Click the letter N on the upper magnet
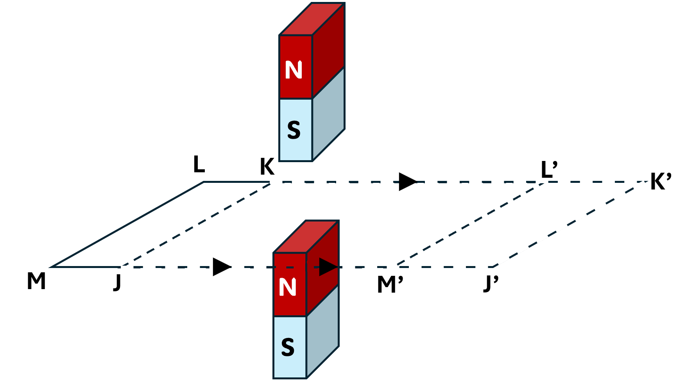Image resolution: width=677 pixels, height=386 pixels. [x=294, y=70]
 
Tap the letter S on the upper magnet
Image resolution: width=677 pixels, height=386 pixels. [x=294, y=130]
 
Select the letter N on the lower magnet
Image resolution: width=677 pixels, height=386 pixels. [x=288, y=288]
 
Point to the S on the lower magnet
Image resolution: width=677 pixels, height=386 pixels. [x=288, y=347]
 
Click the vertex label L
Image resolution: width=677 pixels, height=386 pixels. [x=199, y=164]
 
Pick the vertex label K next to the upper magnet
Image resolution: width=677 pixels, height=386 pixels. [x=267, y=167]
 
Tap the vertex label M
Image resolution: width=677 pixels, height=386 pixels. [x=36, y=281]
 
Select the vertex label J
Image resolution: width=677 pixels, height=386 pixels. [x=117, y=282]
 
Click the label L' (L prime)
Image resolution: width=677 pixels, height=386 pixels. [x=549, y=169]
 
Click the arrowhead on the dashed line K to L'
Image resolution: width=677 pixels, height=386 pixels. [x=408, y=182]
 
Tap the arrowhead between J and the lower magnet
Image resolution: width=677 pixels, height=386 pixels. [x=222, y=267]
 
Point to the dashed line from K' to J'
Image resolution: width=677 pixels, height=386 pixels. [x=571, y=224]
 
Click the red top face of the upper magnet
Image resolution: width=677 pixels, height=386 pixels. [x=312, y=19]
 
